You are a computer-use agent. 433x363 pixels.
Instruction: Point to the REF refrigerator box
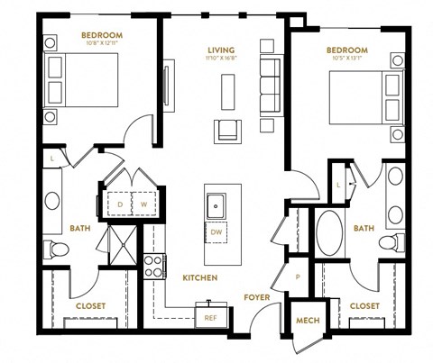pos(211,316)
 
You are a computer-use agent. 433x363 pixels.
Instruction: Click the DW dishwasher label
pos(216,232)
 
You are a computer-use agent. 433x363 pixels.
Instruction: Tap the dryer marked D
pos(120,204)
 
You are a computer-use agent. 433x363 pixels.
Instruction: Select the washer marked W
pos(143,204)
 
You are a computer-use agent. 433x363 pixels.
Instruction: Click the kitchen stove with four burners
pos(153,266)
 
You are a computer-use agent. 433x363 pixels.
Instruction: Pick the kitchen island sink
pos(216,206)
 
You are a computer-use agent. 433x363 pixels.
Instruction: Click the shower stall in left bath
pos(119,241)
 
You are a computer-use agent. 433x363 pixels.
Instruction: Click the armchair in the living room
pos(226,131)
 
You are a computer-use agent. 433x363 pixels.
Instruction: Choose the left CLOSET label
pos(91,306)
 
